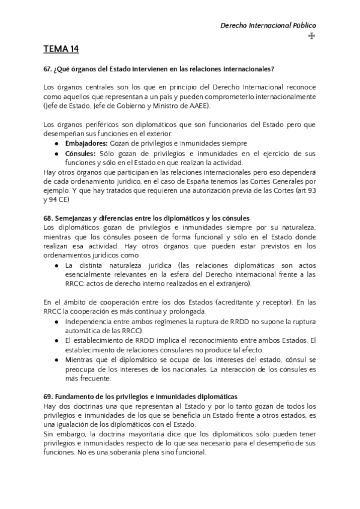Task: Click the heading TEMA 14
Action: [x=61, y=49]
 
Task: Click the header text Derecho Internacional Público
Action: [x=268, y=25]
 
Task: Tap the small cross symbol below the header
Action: [x=311, y=36]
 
